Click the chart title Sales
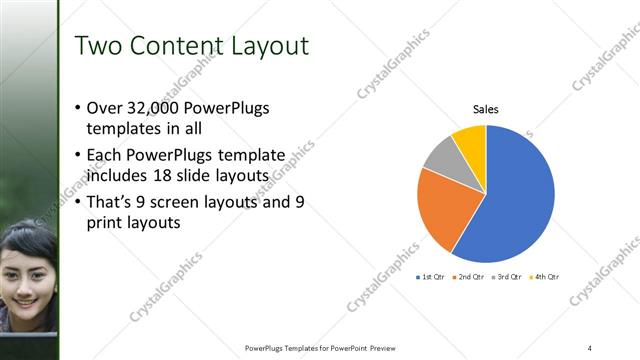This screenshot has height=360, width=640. coord(486,109)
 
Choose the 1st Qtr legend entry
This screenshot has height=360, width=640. coord(434,276)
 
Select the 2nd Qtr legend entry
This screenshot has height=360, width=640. coord(471,276)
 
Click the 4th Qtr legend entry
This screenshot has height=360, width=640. coord(547,276)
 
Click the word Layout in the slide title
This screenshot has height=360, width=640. coord(265,46)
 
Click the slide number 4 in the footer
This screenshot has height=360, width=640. coord(590,348)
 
